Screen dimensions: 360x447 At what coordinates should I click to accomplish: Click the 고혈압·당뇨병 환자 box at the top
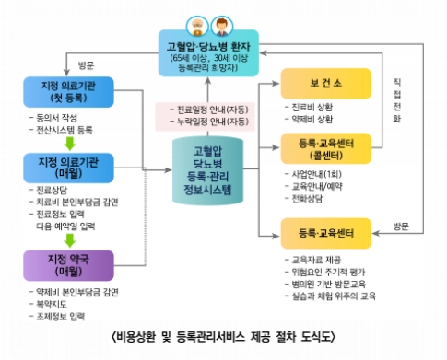click(x=209, y=52)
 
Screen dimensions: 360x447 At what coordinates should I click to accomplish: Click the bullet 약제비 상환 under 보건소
click(x=312, y=119)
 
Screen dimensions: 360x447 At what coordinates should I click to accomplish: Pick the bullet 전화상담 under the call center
click(x=308, y=198)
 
